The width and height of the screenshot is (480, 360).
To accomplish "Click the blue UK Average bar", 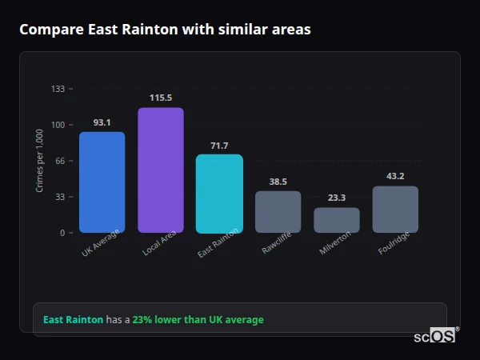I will [x=102, y=182].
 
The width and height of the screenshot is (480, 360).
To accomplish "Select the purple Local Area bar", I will [x=160, y=170].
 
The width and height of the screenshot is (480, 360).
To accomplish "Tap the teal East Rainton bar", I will [x=219, y=194].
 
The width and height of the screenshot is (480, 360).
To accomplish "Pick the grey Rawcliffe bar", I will [x=278, y=212].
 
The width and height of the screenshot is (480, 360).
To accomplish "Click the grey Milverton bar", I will [x=336, y=220].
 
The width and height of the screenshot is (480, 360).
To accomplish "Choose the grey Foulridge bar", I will [x=395, y=210].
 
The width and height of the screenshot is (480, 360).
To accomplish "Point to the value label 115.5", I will [x=160, y=98].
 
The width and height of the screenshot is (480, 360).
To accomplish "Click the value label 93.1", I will [x=102, y=122].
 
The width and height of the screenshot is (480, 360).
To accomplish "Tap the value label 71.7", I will [x=219, y=146].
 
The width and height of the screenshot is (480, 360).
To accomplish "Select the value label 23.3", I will [x=336, y=198].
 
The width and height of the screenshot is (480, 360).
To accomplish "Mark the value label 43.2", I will [x=395, y=176].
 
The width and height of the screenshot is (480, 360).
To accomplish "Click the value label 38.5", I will [x=278, y=182].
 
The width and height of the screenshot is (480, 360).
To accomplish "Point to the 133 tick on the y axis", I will [x=58, y=89].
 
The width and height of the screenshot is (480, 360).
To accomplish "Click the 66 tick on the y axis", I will [x=59, y=161].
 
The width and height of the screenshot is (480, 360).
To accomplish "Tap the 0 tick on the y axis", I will [x=62, y=233].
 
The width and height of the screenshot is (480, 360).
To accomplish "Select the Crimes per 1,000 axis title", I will [x=40, y=161].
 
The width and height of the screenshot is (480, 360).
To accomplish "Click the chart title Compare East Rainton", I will [x=165, y=30].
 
